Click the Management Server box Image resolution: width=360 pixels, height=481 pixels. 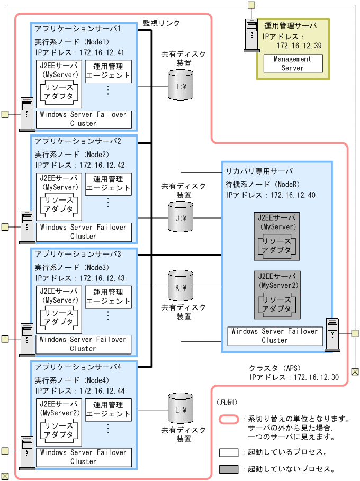[292, 63]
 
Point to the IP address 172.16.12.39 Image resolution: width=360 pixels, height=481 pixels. [299, 46]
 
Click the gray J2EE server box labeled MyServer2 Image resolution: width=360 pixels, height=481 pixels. [277, 294]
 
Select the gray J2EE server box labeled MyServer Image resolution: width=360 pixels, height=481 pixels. [277, 236]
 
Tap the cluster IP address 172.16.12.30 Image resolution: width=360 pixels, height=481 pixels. [317, 378]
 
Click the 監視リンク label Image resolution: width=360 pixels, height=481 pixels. [161, 23]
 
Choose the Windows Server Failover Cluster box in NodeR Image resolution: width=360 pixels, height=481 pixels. [275, 336]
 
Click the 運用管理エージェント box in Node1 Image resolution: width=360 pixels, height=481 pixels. [108, 71]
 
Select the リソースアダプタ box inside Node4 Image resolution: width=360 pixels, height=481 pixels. [59, 430]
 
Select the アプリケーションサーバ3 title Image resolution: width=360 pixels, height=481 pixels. [78, 254]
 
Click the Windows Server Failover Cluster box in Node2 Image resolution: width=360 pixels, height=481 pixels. [83, 232]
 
